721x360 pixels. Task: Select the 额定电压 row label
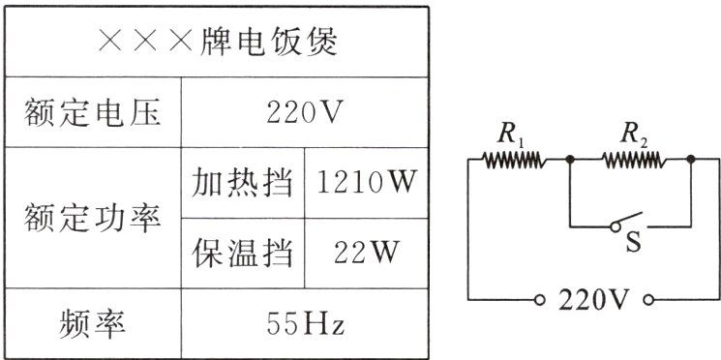tap(93, 115)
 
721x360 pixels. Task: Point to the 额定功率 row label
tap(93, 218)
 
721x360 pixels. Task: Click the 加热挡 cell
tap(242, 183)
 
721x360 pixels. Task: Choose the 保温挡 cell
tap(242, 254)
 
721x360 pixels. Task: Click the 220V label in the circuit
tap(594, 299)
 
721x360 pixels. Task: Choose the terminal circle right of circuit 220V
tap(647, 299)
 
